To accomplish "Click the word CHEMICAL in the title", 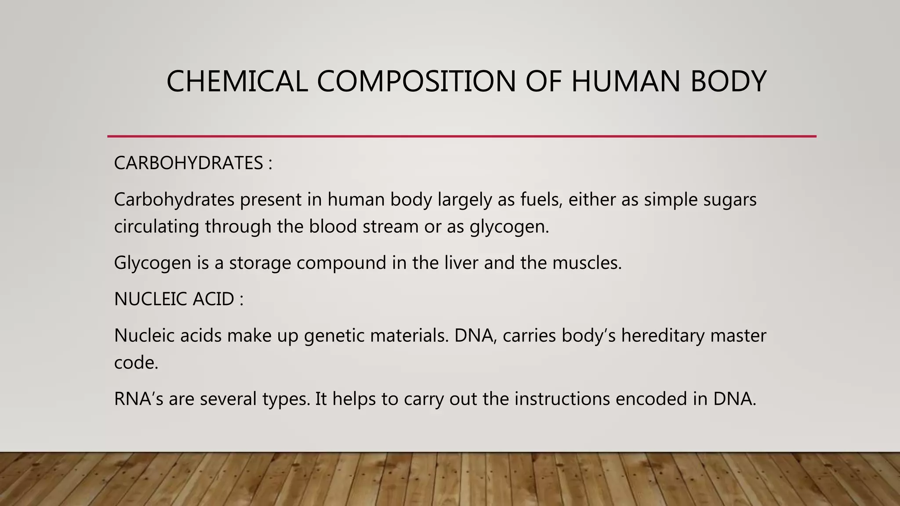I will [237, 82].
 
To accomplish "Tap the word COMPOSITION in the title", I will [416, 82].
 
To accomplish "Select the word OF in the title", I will [543, 82].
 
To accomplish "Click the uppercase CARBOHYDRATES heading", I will [189, 163].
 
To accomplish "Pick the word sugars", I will [730, 200].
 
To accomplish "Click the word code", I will [136, 363].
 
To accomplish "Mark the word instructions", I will [562, 399].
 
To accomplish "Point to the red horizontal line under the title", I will [461, 137].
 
